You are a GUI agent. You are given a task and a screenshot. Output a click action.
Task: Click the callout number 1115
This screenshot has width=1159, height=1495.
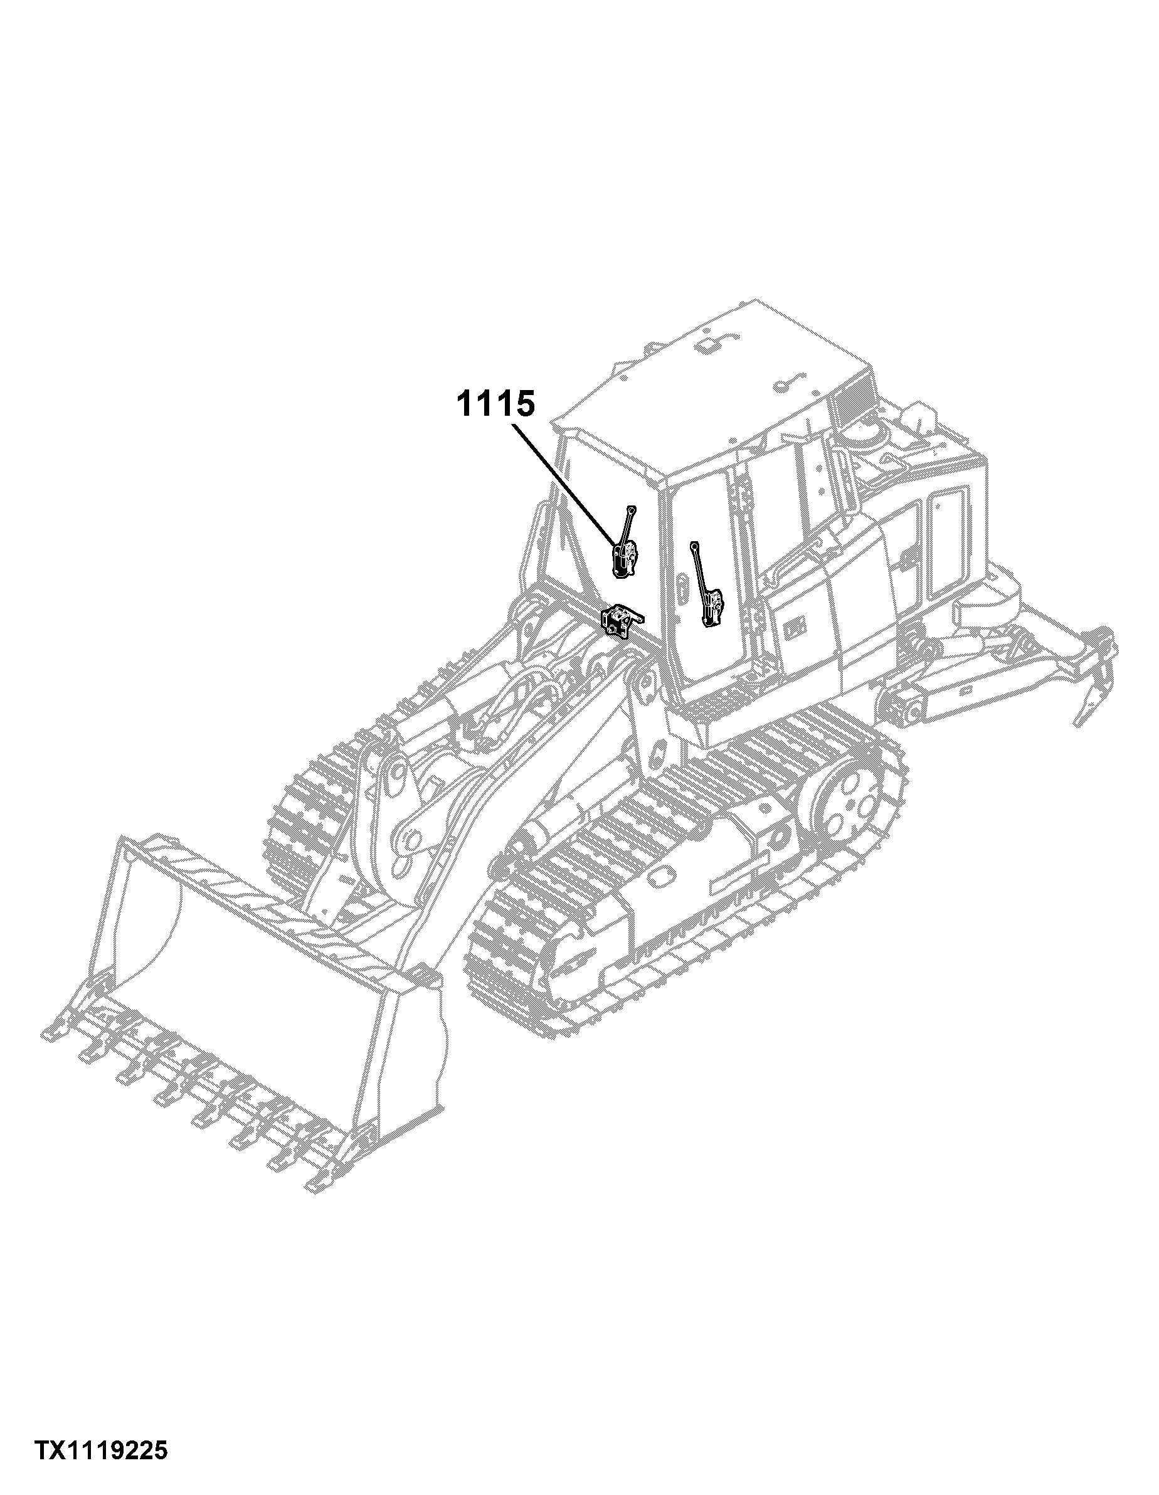(x=494, y=404)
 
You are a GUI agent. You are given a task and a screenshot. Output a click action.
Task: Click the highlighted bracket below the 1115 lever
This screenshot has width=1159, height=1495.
(x=621, y=621)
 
